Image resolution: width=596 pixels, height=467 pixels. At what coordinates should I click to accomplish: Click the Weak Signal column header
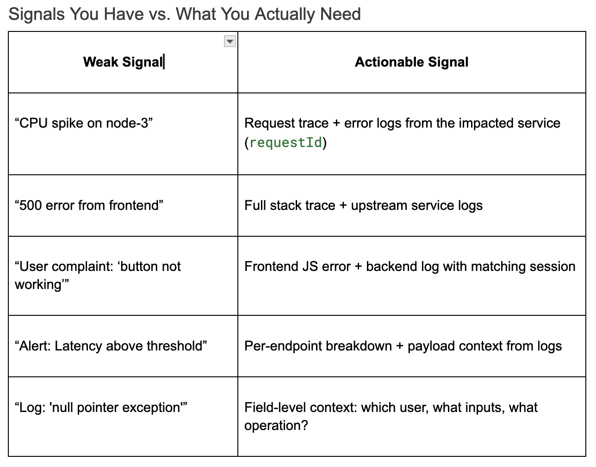[123, 62]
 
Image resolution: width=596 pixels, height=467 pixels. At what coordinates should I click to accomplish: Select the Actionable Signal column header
[411, 62]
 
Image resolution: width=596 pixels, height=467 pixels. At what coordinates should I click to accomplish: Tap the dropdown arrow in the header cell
[230, 42]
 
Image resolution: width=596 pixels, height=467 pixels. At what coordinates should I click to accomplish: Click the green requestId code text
[286, 142]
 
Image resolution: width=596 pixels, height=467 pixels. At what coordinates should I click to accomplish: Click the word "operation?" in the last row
[276, 425]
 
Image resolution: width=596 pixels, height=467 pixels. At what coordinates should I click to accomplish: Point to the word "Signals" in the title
[37, 14]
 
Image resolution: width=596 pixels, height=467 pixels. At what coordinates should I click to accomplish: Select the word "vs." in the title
[160, 14]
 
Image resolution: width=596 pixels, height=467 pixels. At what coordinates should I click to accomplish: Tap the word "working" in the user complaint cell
[38, 284]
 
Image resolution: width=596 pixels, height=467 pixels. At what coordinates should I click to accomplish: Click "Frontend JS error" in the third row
[298, 266]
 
